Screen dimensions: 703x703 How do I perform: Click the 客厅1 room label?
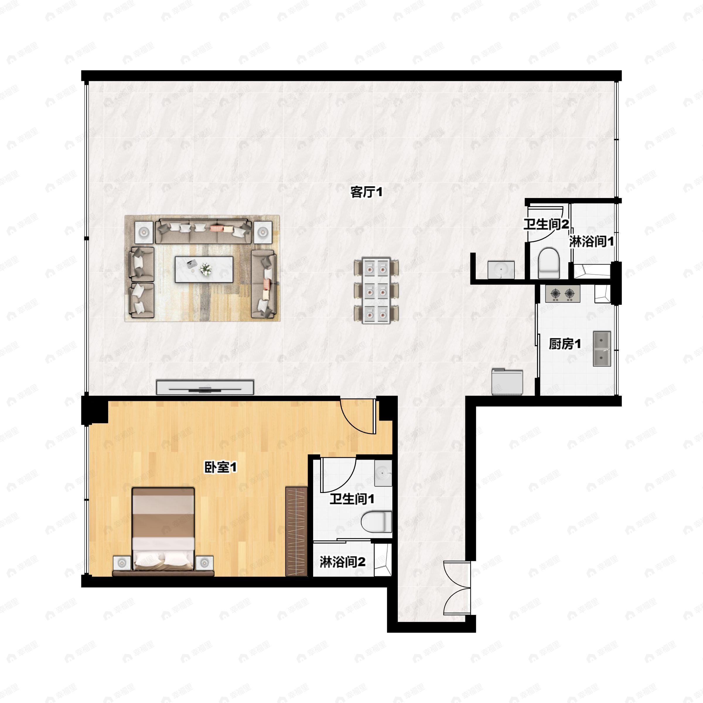(366, 192)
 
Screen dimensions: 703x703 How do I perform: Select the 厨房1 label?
(565, 344)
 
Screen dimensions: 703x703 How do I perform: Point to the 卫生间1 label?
(352, 499)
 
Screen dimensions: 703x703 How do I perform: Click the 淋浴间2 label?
(342, 562)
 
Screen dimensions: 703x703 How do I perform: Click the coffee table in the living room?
(204, 269)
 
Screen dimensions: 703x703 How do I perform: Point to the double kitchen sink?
(602, 348)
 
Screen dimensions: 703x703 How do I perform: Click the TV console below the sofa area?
(205, 387)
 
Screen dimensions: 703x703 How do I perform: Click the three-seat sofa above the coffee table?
(203, 231)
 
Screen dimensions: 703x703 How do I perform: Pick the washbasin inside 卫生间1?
(383, 473)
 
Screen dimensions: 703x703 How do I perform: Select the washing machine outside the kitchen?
(507, 382)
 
